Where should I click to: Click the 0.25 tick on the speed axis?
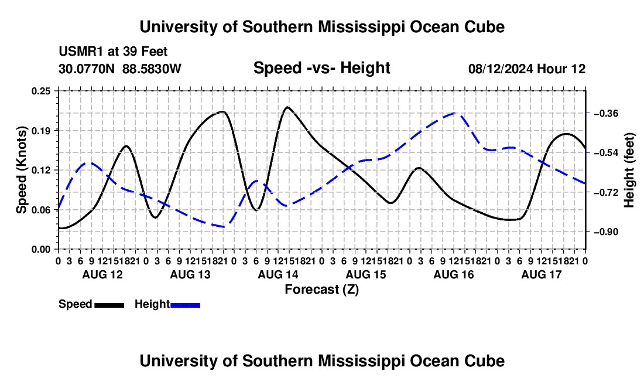(x=41, y=91)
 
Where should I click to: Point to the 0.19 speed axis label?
(x=41, y=131)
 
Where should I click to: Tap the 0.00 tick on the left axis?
(x=41, y=249)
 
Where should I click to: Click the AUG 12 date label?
(x=102, y=274)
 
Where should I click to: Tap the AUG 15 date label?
(x=366, y=274)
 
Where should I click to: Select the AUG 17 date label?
(x=542, y=274)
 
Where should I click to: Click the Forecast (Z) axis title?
(x=321, y=290)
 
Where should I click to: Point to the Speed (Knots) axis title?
(x=22, y=170)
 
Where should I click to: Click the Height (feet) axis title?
(x=629, y=170)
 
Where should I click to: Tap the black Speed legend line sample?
(x=109, y=305)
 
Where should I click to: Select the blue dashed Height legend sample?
(x=185, y=305)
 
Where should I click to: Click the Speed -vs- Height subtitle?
(x=321, y=68)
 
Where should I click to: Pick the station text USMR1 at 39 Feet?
(x=113, y=52)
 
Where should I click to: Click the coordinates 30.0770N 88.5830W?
(x=119, y=69)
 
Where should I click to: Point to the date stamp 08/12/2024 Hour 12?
(x=527, y=69)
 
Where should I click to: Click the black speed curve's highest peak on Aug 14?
(x=287, y=107)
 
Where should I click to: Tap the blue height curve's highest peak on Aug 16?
(x=455, y=113)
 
